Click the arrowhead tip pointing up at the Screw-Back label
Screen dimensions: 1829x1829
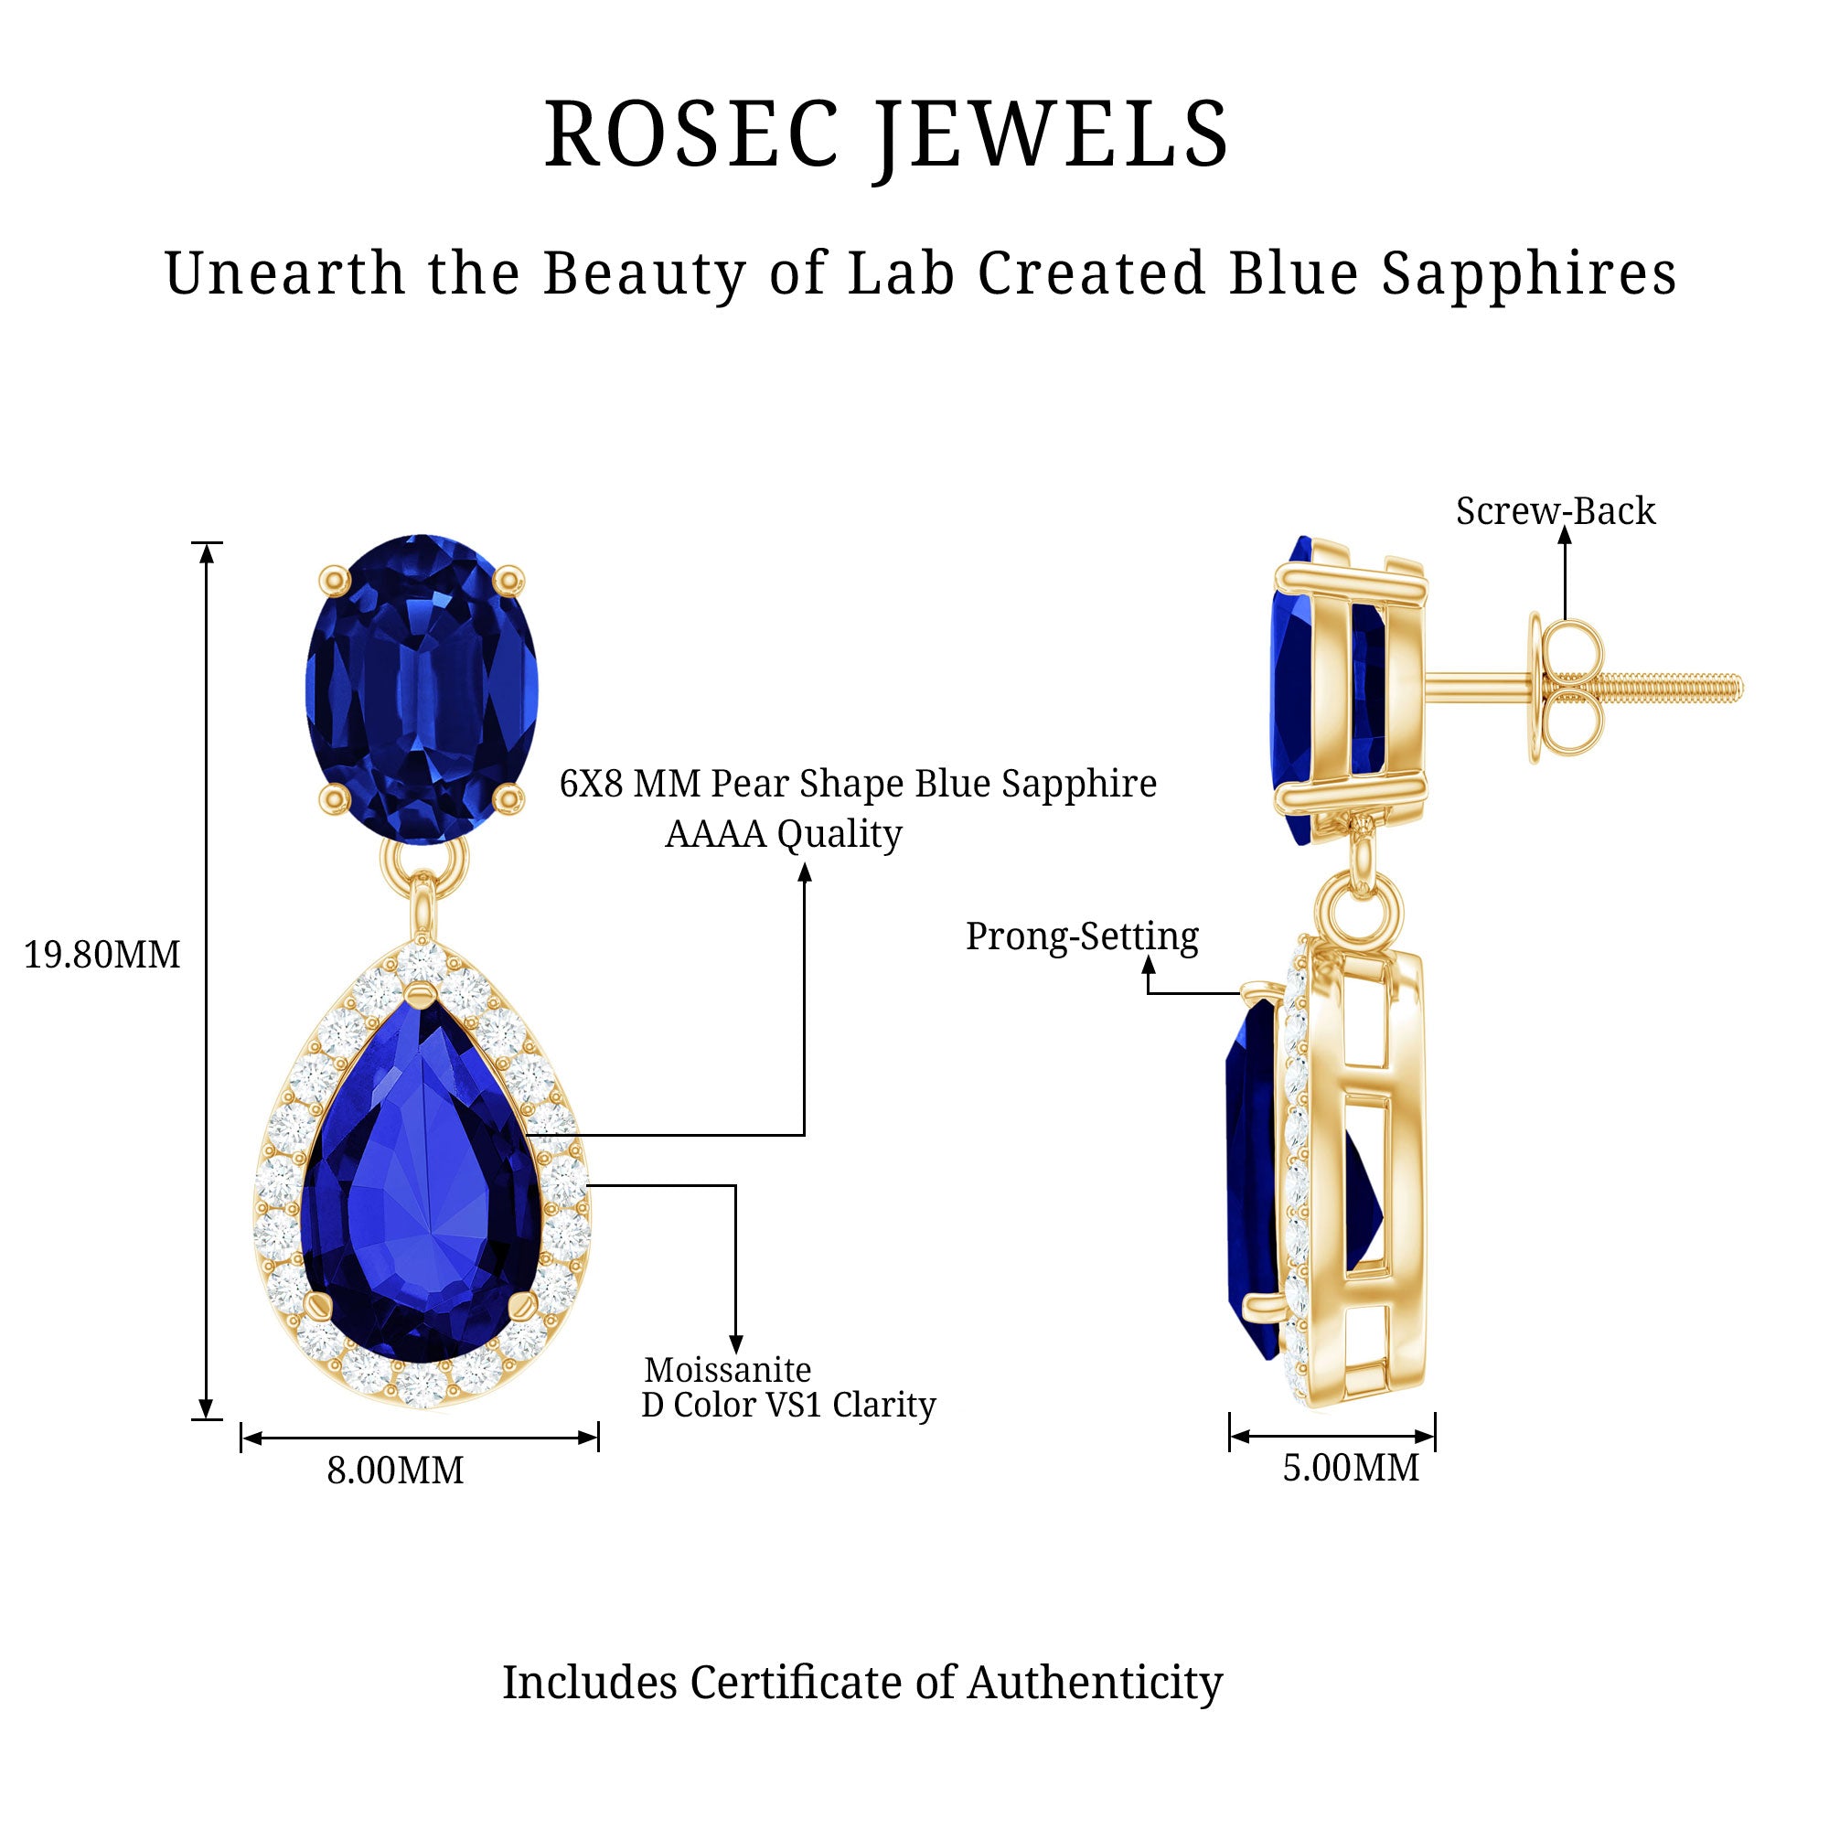(x=1565, y=527)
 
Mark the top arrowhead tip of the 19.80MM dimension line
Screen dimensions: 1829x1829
(x=208, y=544)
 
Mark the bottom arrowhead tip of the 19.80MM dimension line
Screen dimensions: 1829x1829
(x=208, y=1419)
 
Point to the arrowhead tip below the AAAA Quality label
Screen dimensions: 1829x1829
(x=805, y=863)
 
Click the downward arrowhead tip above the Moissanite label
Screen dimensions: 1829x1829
(x=735, y=1352)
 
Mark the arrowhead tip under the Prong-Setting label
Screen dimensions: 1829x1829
(x=1149, y=957)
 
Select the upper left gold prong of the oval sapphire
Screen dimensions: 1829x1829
(x=334, y=579)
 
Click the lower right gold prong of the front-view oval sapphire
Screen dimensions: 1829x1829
(x=509, y=798)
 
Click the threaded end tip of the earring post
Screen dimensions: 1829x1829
(x=1740, y=689)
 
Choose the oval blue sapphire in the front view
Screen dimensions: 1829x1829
(x=422, y=689)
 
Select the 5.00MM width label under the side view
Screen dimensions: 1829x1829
(x=1351, y=1469)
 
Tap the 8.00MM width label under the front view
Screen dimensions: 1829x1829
(x=396, y=1471)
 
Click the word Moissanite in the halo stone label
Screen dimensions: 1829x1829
(x=728, y=1370)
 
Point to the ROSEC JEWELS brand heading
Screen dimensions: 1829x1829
(x=887, y=134)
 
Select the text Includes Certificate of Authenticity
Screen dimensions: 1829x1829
(x=862, y=1683)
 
